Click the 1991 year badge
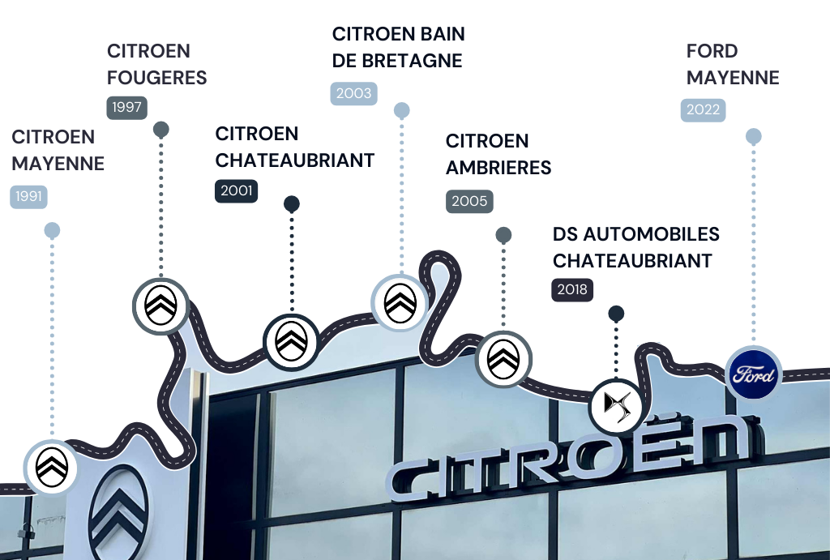28,196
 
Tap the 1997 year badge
126,107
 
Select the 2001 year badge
236,191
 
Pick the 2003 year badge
354,93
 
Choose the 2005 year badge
469,201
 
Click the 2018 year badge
573,289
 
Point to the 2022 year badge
703,110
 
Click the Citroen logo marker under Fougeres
160,306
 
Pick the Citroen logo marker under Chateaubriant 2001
291,341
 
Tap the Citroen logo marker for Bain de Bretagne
400,302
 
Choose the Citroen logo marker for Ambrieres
503,357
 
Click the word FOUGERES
157,78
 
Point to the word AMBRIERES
498,168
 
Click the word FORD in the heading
712,51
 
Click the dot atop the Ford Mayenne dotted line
753,136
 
